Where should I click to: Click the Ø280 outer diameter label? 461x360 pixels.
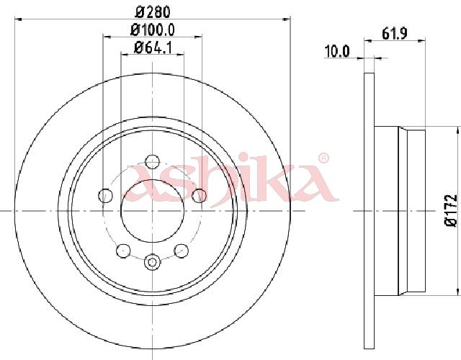(x=153, y=12)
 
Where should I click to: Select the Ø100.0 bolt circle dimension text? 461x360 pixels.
(x=153, y=30)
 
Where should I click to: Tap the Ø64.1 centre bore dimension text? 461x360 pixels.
(x=153, y=48)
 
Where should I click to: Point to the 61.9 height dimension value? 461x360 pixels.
(x=395, y=34)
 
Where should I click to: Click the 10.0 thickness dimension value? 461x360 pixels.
(x=337, y=52)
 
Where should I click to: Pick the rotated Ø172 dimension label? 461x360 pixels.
(x=451, y=210)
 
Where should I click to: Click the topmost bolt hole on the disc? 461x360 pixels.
(x=152, y=161)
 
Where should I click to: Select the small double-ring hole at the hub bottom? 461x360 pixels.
(x=152, y=261)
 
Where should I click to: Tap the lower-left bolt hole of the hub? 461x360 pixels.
(x=123, y=251)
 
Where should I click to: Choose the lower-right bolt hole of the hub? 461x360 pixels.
(x=181, y=251)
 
